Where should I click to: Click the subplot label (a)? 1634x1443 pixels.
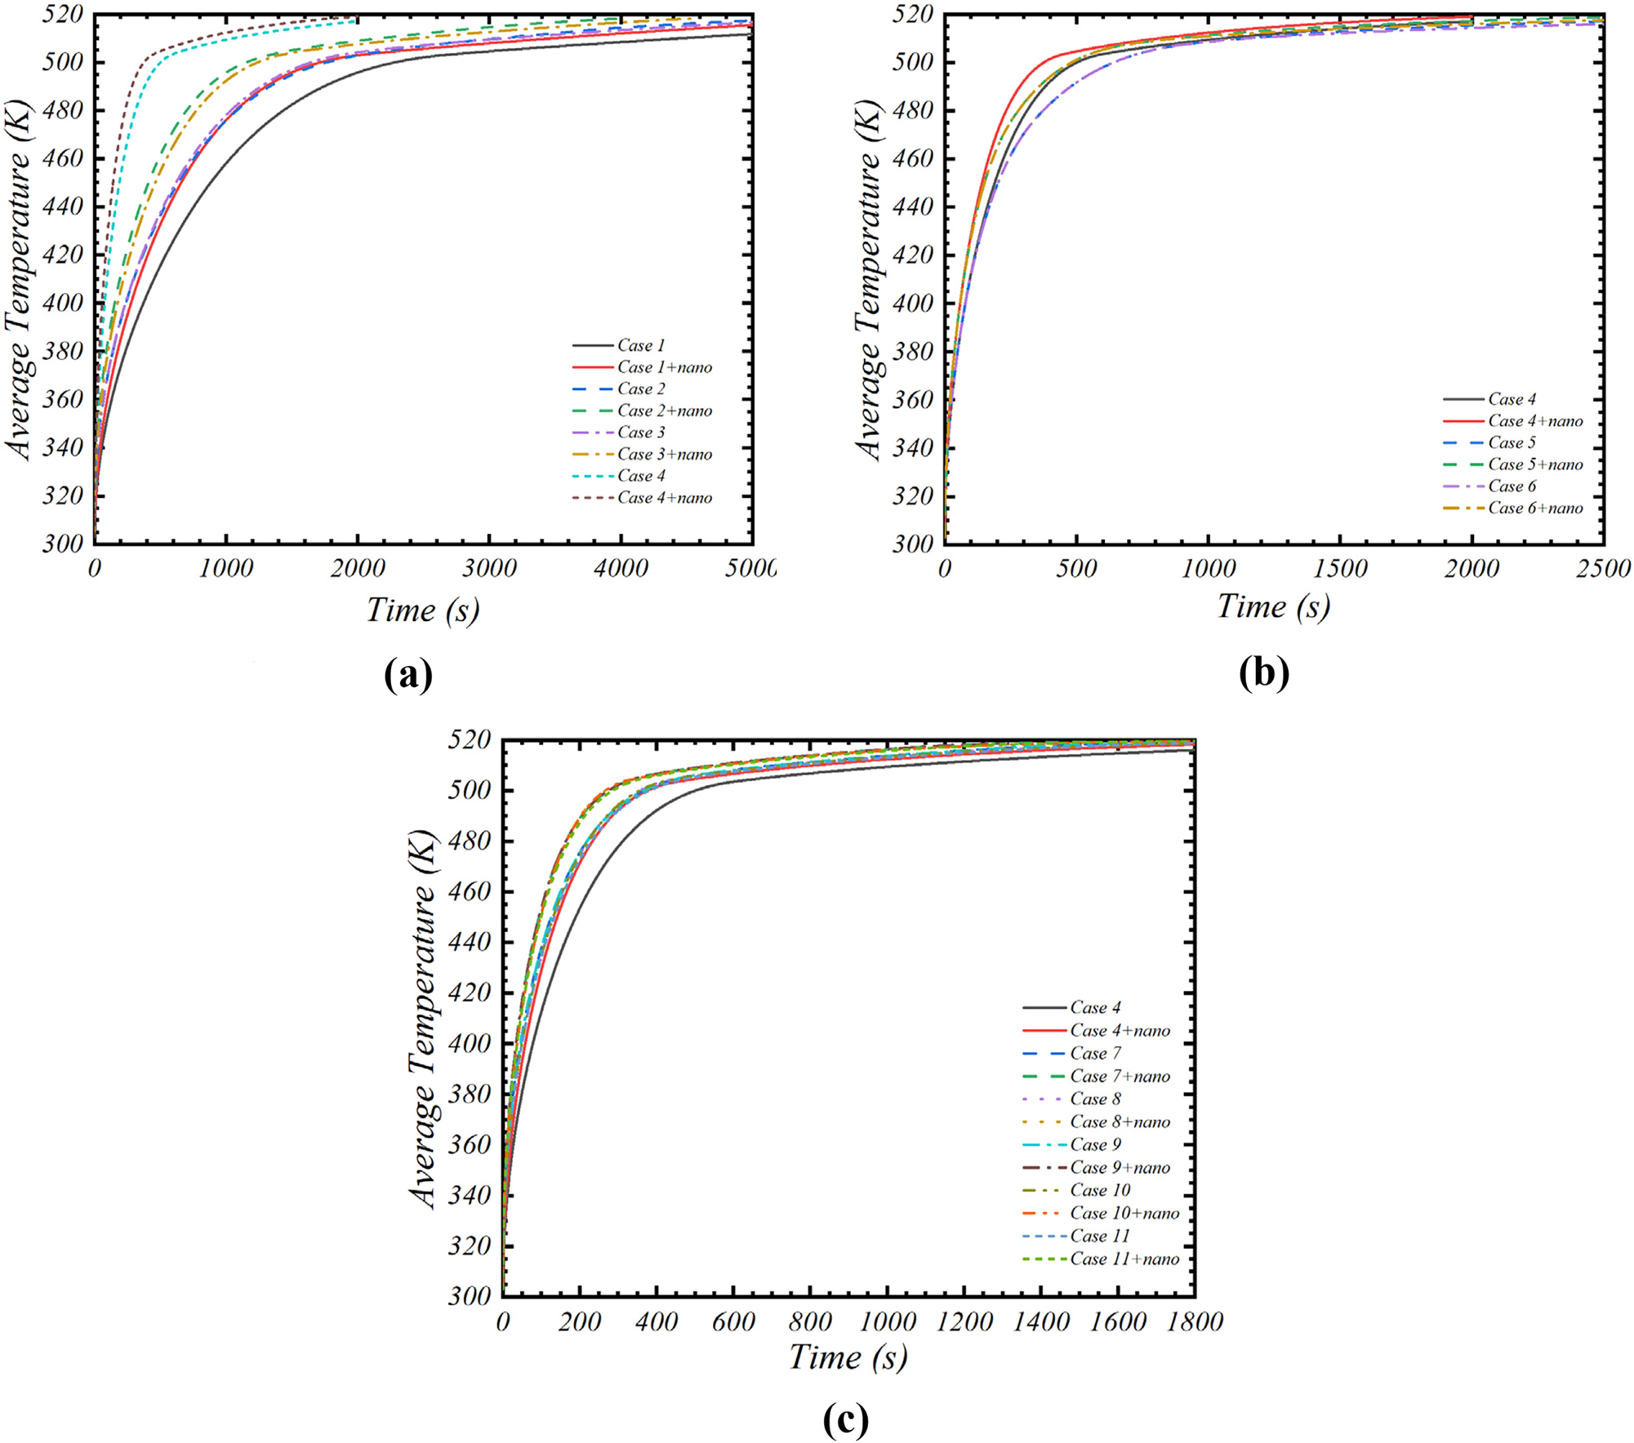[407, 675]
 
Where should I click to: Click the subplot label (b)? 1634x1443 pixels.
[1263, 673]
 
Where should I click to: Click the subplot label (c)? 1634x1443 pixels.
[845, 1420]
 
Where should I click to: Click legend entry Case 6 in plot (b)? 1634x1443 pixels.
[1512, 486]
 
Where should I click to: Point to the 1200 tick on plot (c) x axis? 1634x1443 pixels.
[964, 1321]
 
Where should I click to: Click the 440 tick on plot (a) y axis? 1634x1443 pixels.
[63, 206]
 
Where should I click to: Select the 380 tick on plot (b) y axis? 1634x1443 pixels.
[913, 352]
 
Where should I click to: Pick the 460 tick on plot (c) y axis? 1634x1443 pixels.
[470, 892]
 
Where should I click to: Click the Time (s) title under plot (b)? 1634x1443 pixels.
[1273, 606]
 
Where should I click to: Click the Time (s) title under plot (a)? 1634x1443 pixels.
[422, 610]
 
